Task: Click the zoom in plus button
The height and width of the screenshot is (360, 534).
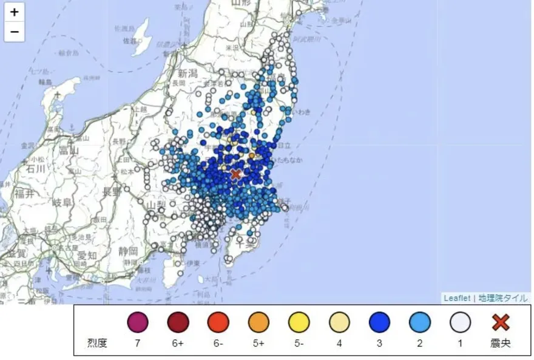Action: coord(15,12)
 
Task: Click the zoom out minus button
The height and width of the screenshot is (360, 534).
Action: coord(15,32)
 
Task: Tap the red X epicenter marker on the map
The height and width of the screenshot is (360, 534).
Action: coord(236,174)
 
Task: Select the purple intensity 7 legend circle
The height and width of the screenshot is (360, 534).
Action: coord(138,322)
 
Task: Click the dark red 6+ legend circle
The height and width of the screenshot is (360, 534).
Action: coord(178,322)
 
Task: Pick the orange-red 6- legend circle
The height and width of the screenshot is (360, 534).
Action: coord(218,322)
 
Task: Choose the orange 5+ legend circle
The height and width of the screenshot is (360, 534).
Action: coord(259,322)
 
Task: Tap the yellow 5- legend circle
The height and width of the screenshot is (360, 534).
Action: coord(299,322)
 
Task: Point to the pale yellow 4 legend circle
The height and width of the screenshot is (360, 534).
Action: coord(339,322)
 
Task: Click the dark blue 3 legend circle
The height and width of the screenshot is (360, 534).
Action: coord(379,322)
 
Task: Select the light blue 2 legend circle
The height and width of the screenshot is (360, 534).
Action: coord(420,322)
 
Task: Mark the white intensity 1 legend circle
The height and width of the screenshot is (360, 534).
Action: coord(460,322)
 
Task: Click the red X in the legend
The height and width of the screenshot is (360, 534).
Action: coord(501,322)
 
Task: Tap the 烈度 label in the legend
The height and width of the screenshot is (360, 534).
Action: coord(97,344)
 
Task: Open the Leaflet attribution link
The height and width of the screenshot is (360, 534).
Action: coord(456,297)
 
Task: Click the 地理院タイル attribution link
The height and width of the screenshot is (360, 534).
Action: coord(503,297)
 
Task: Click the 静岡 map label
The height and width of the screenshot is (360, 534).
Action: coord(128,250)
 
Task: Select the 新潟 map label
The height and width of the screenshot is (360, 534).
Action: coord(191,73)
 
